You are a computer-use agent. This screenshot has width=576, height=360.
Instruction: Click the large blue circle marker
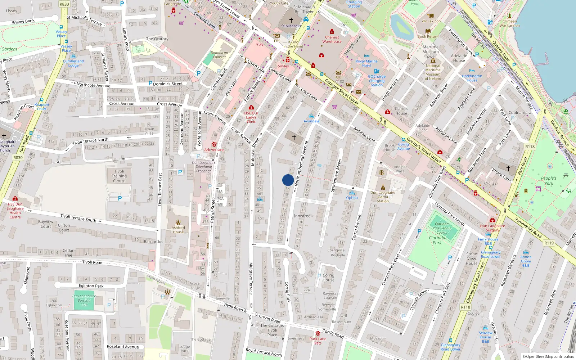pyautogui.click(x=288, y=180)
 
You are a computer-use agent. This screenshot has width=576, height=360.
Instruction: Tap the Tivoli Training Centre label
pyautogui.click(x=119, y=176)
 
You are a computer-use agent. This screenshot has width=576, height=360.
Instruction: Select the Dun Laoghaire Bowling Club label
pyautogui.click(x=84, y=300)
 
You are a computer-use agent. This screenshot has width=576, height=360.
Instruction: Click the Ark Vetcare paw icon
pyautogui.click(x=214, y=144)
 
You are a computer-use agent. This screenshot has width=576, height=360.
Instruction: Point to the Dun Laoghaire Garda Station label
pyautogui.click(x=383, y=197)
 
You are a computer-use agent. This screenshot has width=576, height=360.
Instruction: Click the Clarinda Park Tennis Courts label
pyautogui.click(x=442, y=228)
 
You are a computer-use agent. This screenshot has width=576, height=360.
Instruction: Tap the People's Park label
pyautogui.click(x=548, y=181)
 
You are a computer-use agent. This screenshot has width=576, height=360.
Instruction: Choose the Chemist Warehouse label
pyautogui.click(x=332, y=39)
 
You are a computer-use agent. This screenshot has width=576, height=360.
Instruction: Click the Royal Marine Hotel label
pyautogui.click(x=366, y=63)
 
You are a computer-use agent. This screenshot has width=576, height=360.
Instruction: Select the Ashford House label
pyautogui.click(x=178, y=230)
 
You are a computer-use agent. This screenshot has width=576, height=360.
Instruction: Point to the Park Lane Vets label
pyautogui.click(x=318, y=341)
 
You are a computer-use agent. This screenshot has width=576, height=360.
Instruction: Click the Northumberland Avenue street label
pyautogui.click(x=301, y=163)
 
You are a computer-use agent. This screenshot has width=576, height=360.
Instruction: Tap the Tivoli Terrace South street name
pyautogui.click(x=78, y=218)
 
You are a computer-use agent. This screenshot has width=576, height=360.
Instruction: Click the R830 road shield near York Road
pyautogui.click(x=18, y=157)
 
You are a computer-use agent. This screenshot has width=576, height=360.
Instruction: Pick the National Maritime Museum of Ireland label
pyautogui.click(x=433, y=72)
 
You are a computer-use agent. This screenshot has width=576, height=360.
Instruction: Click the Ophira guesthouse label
pyautogui.click(x=352, y=198)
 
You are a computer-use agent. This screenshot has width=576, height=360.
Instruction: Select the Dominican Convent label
pyautogui.click(x=219, y=55)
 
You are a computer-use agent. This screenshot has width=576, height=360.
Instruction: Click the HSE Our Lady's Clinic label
pyautogui.click(x=251, y=117)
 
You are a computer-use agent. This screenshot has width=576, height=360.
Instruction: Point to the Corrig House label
pyautogui.click(x=328, y=278)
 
